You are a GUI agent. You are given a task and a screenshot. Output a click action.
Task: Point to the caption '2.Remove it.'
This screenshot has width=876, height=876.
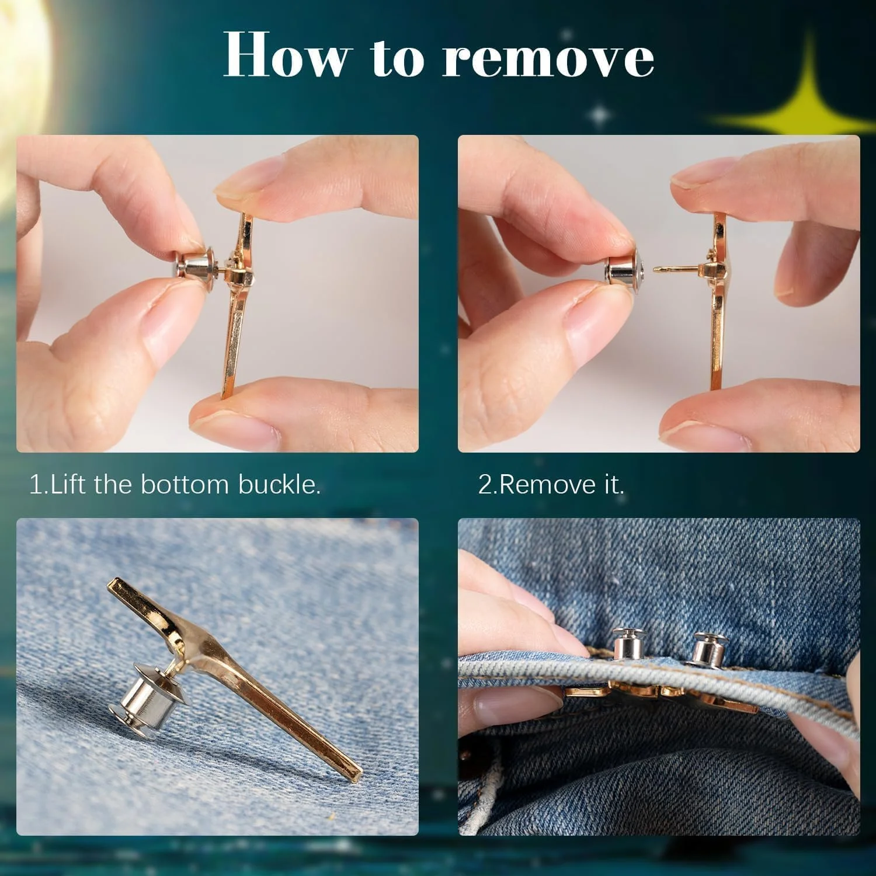point(551,485)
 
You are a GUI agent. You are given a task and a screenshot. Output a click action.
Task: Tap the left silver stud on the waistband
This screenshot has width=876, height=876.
point(625,645)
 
